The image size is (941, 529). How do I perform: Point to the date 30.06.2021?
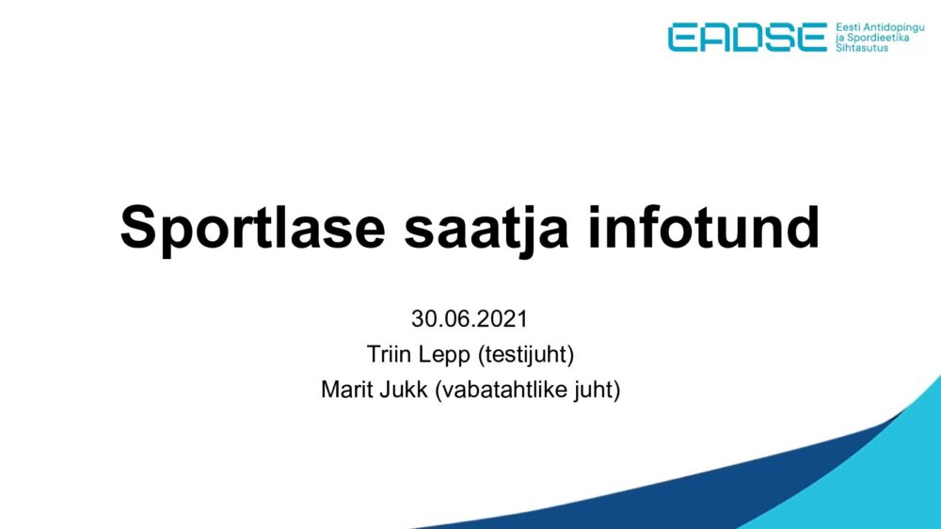[x=470, y=319]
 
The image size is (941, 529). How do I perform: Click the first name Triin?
[x=389, y=354]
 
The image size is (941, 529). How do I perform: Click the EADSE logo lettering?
[x=747, y=38]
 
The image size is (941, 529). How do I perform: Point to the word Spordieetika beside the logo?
[x=877, y=38]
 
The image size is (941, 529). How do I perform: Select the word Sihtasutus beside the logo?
[x=862, y=47]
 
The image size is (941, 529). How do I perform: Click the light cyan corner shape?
[x=870, y=480]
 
